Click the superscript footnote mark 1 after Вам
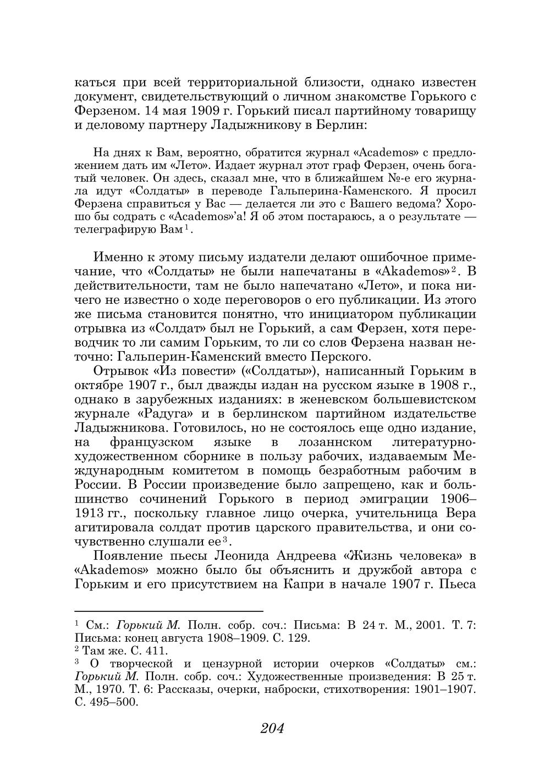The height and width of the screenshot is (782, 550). click(187, 227)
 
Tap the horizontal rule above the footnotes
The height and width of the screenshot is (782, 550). click(169, 611)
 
